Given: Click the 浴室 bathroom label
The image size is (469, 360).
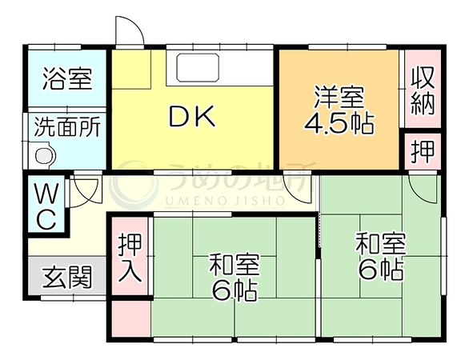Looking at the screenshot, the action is pos(67,79).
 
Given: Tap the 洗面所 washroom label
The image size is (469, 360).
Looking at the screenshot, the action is pos(67,127).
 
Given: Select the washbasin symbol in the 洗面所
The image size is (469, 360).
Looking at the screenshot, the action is pos(45,155).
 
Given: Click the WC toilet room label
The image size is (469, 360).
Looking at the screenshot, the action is pos(46,206).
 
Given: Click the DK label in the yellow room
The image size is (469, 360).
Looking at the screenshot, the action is pos(192,116).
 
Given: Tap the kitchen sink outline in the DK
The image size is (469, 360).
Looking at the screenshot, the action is pos(198,67).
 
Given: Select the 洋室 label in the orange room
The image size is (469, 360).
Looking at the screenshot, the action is pos(339,97).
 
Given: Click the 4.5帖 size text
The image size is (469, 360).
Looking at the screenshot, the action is pos(339,123).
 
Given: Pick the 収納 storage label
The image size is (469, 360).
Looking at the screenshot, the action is pos(423,90).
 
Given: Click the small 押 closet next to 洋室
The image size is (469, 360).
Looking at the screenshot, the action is pos(423,152).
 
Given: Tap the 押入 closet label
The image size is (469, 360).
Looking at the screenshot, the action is pos(130,258).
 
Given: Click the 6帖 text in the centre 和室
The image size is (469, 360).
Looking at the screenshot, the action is pos(234,290).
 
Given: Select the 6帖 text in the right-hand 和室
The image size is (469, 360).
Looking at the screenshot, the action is pos(380,269).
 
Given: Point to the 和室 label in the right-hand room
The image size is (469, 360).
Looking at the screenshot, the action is pos(380,244).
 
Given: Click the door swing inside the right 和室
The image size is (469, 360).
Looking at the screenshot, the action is pos(423,189).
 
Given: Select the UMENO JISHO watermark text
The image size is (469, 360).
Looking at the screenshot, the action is pos(224,202).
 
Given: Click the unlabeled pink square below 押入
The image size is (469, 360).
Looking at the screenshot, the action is pos(130,318).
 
